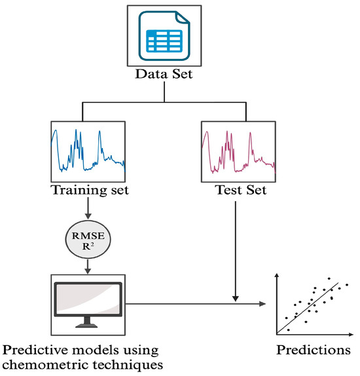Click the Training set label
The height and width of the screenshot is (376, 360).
click(x=88, y=192)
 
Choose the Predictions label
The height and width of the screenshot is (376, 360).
click(x=314, y=348)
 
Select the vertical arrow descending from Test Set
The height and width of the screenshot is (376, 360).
click(x=235, y=249)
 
